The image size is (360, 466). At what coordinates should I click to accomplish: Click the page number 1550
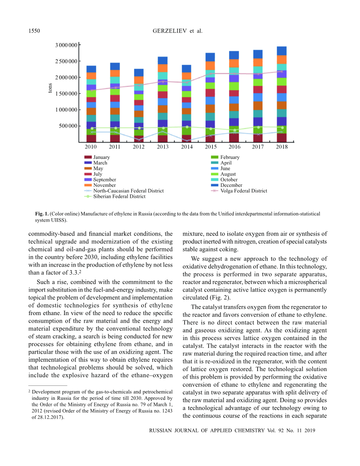pos(34,31)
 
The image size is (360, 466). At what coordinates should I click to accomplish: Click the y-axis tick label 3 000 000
pos(67,45)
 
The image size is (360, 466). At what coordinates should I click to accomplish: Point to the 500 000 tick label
pos(68,126)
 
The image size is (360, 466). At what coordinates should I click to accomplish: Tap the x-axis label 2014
pos(186,147)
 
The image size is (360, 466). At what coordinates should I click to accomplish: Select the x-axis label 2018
pos(281,147)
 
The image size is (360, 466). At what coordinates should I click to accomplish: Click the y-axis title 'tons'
pos(50,88)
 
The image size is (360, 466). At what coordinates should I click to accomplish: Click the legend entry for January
pos(101,157)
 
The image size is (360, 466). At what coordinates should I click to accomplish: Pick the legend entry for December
pos(231,185)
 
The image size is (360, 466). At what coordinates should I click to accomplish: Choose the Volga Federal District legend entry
pos(244,191)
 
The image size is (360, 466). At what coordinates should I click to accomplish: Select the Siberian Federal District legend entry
pos(119,196)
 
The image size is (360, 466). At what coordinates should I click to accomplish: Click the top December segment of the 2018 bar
pos(281,51)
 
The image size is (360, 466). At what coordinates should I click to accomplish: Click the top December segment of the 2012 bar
pos(139,73)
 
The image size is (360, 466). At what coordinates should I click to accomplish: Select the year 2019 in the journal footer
pos(309,430)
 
